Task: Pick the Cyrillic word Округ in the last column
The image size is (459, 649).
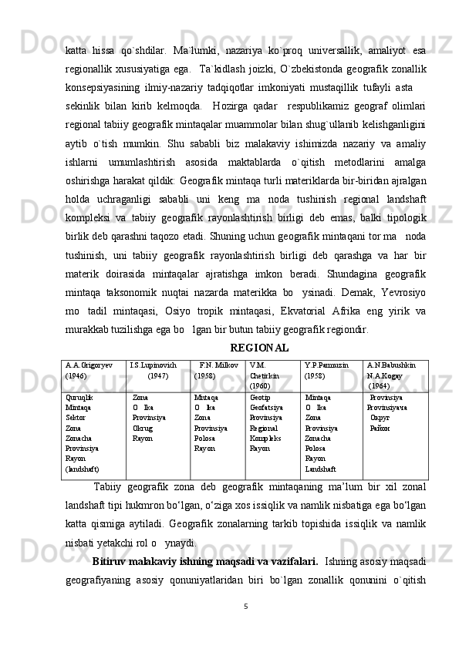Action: (x=380, y=418)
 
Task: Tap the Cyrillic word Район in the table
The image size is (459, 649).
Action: (x=379, y=428)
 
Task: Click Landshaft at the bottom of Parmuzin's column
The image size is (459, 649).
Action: (x=320, y=468)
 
